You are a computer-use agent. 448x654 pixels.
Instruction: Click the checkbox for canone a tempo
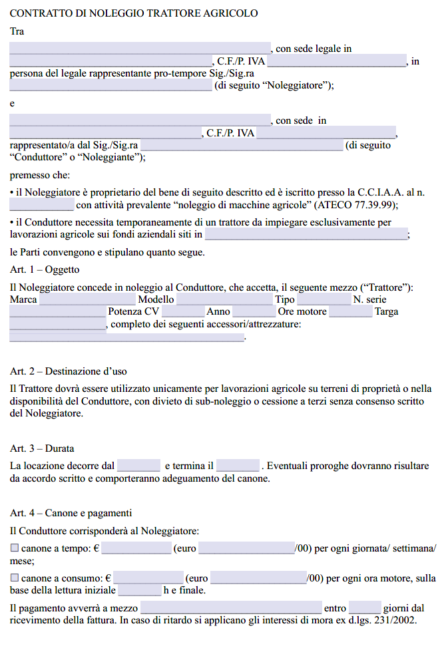coord(15,549)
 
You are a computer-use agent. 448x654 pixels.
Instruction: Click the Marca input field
coord(79,300)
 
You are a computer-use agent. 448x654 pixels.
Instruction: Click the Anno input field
coord(254,311)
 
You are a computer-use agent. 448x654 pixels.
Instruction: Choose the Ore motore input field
coord(350,311)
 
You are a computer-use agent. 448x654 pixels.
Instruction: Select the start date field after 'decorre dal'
coord(138,466)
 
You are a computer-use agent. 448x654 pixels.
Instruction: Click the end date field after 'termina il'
coord(238,466)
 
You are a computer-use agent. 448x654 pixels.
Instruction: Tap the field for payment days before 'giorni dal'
coord(365,608)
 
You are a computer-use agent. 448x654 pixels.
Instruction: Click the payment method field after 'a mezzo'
coord(230,608)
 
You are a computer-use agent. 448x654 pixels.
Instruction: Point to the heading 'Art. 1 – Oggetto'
coord(45,269)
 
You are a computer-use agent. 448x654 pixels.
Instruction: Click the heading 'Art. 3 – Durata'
coord(42,448)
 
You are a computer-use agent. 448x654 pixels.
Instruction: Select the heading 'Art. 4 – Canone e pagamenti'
coord(71,513)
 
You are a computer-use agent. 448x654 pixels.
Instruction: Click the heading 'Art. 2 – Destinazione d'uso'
coord(69,371)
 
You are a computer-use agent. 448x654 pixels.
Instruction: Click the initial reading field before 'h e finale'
coord(139,590)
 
